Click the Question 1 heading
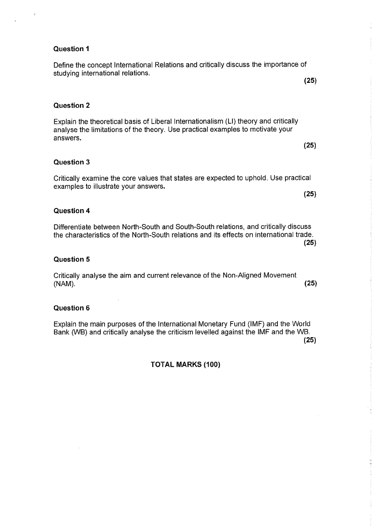[x=71, y=49]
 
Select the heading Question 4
[x=72, y=211]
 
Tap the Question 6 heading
[x=72, y=308]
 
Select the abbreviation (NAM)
[x=64, y=283]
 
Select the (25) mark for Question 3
[x=310, y=194]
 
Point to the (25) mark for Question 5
[x=310, y=283]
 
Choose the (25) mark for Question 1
[x=310, y=81]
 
